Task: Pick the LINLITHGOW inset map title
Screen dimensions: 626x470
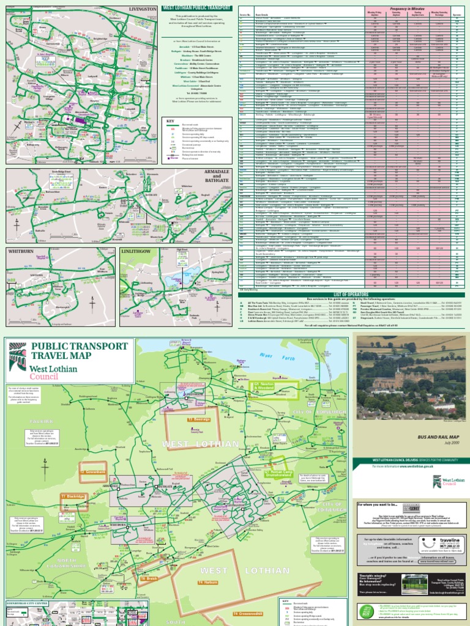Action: click(x=139, y=251)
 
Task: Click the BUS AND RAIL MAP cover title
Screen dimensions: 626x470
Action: click(x=414, y=438)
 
